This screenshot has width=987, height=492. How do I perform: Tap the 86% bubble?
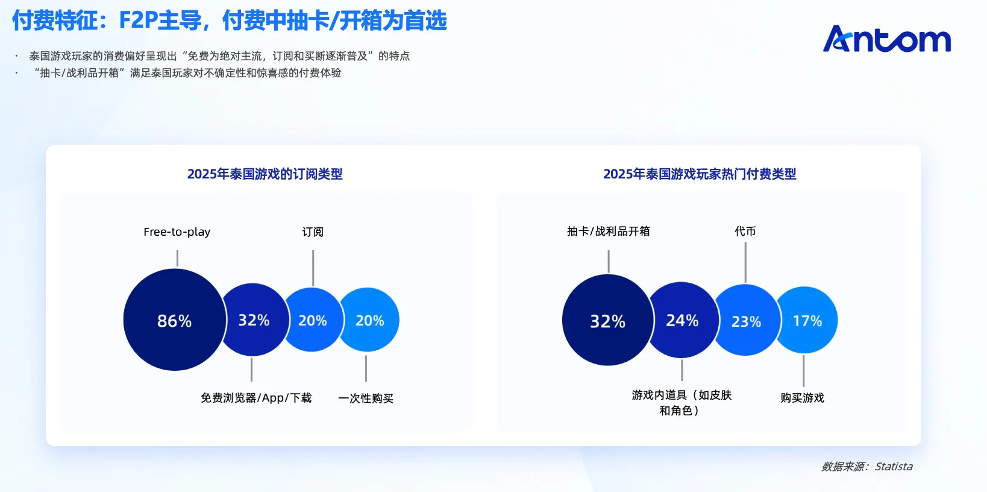175,320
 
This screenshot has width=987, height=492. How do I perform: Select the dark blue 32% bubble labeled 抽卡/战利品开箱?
607,320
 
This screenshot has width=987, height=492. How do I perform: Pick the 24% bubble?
681,320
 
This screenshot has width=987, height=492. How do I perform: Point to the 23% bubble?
746,320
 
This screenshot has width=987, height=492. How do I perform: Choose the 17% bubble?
806,320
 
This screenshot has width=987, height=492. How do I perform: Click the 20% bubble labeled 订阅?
312,320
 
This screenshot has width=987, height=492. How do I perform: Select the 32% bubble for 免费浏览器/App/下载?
253,320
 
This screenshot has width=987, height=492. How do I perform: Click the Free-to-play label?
177,232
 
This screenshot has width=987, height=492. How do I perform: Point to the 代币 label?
745,232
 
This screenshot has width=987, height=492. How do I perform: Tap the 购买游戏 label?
802,398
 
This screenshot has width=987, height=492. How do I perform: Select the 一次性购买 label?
365,398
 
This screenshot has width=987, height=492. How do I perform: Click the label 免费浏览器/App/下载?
256,398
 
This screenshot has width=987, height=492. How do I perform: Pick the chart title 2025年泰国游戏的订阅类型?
265,174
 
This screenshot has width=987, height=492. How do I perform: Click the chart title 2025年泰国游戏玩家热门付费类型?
700,174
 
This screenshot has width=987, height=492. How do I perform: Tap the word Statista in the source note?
894,467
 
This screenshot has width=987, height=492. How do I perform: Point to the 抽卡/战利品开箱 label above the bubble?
608,232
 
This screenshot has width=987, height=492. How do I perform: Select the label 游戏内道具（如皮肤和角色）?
681,403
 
